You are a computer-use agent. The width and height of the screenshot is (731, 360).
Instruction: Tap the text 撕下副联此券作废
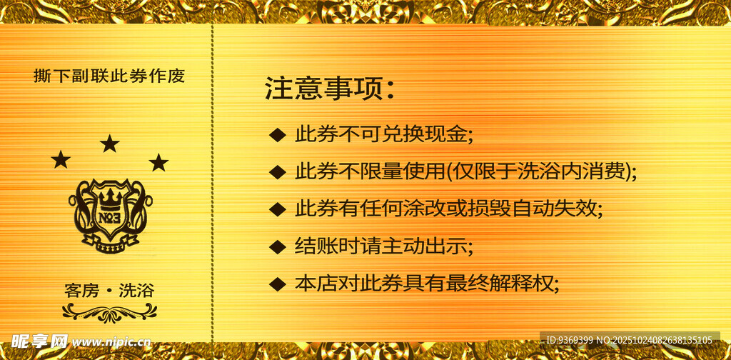click(109, 76)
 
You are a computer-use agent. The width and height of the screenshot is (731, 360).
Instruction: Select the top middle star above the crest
click(109, 144)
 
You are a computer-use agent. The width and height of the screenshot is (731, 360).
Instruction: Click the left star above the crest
click(61, 160)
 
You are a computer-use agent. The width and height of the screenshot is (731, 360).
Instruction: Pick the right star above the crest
click(158, 163)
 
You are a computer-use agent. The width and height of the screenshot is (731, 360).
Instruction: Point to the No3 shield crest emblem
click(111, 214)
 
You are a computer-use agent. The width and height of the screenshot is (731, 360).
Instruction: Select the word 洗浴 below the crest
click(136, 291)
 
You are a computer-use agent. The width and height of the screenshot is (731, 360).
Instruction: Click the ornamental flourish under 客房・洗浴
click(109, 312)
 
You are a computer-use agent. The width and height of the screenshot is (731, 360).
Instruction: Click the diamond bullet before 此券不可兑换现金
click(277, 134)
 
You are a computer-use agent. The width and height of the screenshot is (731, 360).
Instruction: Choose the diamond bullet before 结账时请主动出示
click(277, 247)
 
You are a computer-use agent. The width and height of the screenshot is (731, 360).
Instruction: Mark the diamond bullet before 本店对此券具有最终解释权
click(277, 284)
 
